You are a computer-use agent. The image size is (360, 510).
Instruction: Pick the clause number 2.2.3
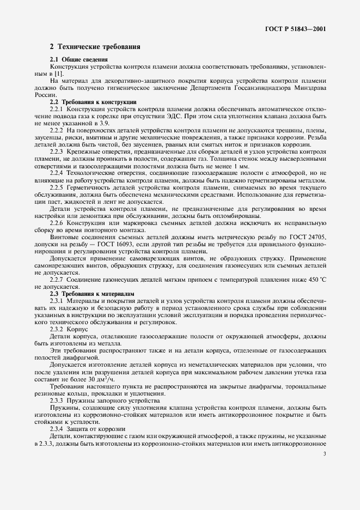[x=57, y=151]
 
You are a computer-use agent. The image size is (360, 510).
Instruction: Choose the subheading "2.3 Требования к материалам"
[x=88, y=294]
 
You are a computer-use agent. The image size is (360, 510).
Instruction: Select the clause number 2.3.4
[x=57, y=429]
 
